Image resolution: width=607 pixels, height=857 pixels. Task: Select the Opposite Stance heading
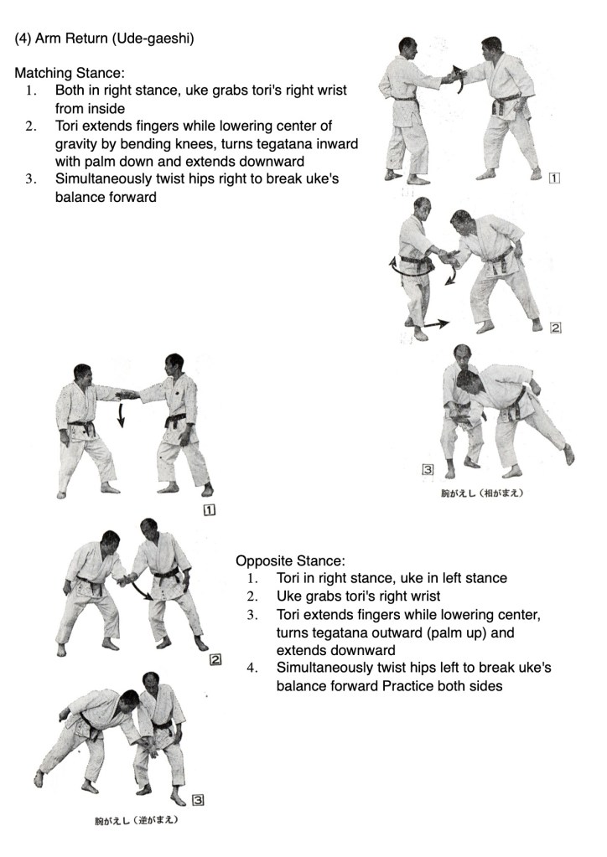(x=290, y=560)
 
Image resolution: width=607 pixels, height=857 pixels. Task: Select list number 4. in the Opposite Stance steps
(x=252, y=668)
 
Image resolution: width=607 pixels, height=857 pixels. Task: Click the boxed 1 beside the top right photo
(x=555, y=178)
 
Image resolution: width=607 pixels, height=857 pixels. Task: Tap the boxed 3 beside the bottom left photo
(x=198, y=799)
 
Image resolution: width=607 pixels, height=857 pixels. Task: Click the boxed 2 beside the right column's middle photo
(x=555, y=328)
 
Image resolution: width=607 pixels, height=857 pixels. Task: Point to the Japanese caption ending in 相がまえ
(x=482, y=493)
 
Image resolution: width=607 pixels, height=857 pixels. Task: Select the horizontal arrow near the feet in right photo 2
(x=434, y=323)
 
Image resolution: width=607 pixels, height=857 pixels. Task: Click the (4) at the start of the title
(x=23, y=39)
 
